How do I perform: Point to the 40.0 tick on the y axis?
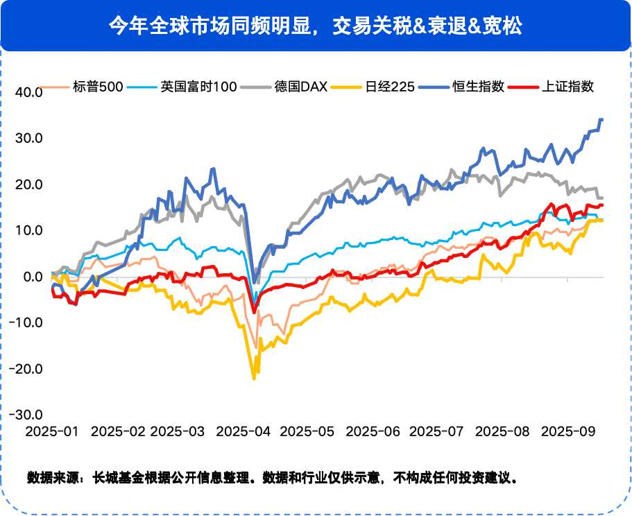tap(29, 92)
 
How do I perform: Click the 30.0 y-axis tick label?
tap(29, 138)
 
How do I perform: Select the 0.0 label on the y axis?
tap(33, 277)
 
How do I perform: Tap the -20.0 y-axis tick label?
tap(27, 369)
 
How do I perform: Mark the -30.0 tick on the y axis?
tap(27, 415)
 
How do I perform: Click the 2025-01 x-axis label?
tap(52, 431)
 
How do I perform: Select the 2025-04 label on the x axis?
tap(244, 431)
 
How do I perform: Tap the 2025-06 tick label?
tap(373, 431)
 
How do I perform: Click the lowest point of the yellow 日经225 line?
tap(254, 379)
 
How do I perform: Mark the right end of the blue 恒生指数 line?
tap(601, 120)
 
